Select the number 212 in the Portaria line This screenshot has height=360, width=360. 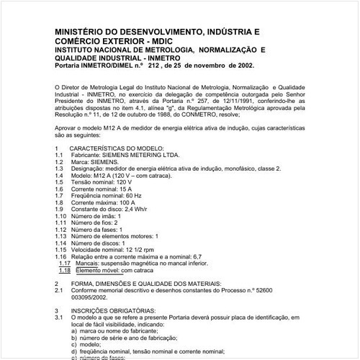click(152, 65)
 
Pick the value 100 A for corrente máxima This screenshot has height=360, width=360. click(137, 203)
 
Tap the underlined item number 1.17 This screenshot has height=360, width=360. click(63, 264)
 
